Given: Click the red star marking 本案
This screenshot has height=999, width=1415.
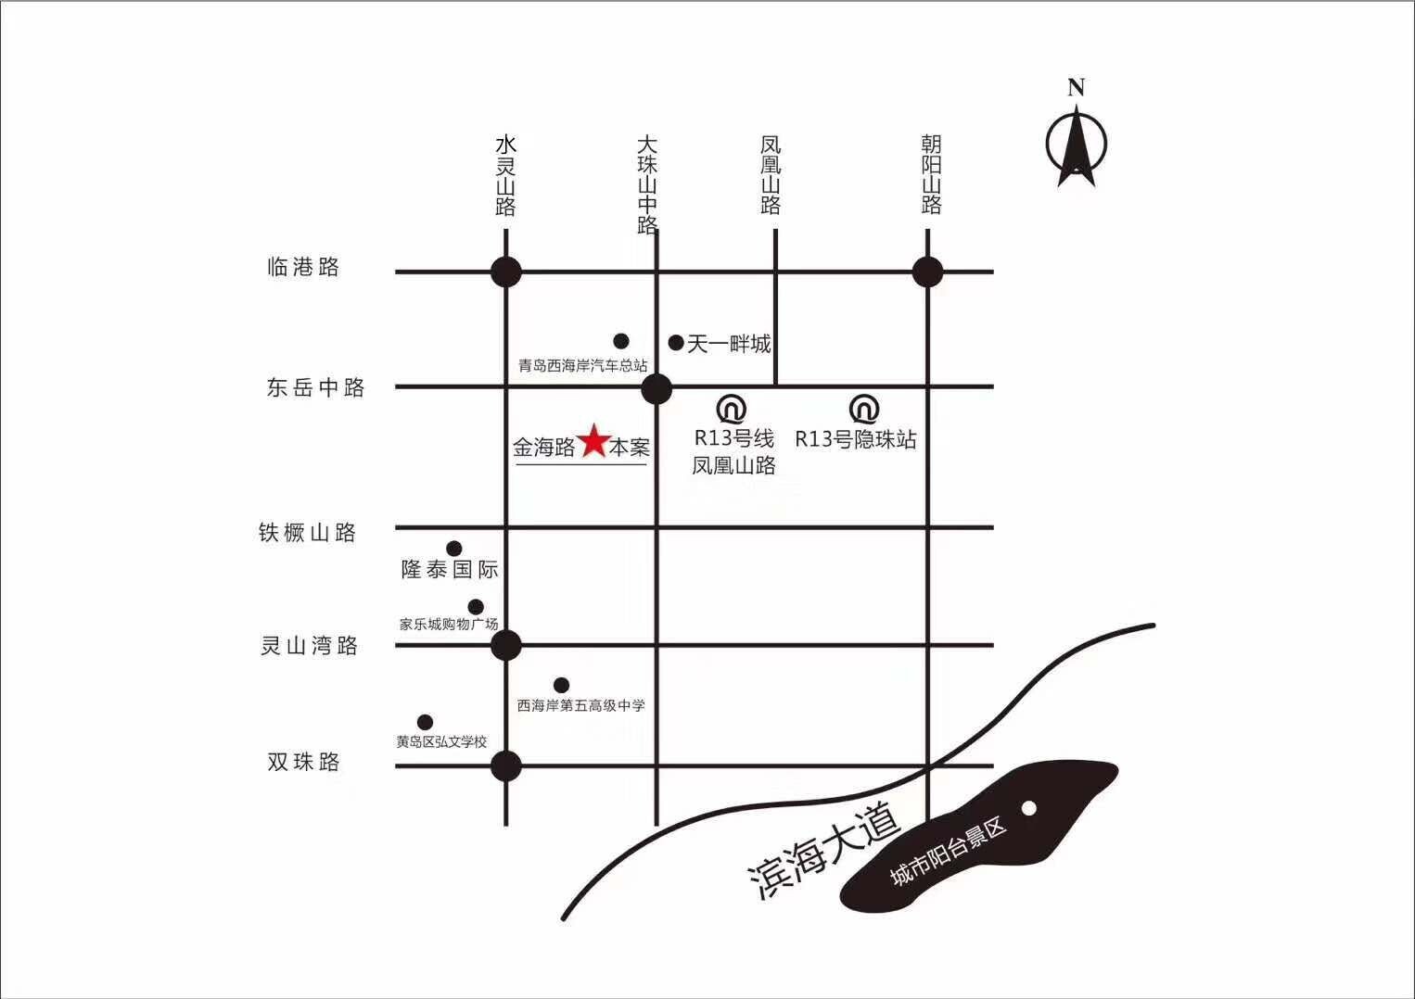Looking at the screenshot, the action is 593,441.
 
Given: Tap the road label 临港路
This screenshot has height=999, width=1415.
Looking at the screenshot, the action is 303,267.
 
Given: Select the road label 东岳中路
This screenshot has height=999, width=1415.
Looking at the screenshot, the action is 316,387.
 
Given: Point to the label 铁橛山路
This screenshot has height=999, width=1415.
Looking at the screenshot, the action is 308,532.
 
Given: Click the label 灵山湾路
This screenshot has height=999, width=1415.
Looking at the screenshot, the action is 310,645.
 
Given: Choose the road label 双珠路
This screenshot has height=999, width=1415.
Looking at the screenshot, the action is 304,762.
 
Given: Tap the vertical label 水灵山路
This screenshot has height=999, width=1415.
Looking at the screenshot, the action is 506,175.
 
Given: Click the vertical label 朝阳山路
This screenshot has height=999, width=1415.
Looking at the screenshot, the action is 931,174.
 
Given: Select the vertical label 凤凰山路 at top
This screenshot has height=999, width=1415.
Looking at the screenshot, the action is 771,174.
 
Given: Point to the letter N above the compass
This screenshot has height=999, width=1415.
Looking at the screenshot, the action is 1077,87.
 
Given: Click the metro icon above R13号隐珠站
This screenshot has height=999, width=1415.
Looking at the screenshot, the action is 864,409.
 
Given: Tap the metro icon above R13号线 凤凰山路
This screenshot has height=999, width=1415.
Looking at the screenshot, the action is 732,409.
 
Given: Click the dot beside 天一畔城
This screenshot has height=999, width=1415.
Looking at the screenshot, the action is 676,343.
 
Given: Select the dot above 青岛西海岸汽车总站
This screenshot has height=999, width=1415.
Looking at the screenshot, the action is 621,341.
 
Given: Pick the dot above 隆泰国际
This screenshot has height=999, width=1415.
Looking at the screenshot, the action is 454,548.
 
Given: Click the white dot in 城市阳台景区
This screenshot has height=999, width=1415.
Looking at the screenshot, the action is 1029,808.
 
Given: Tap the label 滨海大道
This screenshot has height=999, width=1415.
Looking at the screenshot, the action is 824,850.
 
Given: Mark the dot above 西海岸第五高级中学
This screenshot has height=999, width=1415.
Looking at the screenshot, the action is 561,685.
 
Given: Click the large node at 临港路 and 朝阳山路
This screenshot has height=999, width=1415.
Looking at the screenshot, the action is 928,272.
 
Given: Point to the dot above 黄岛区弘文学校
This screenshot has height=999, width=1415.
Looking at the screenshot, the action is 425,722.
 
